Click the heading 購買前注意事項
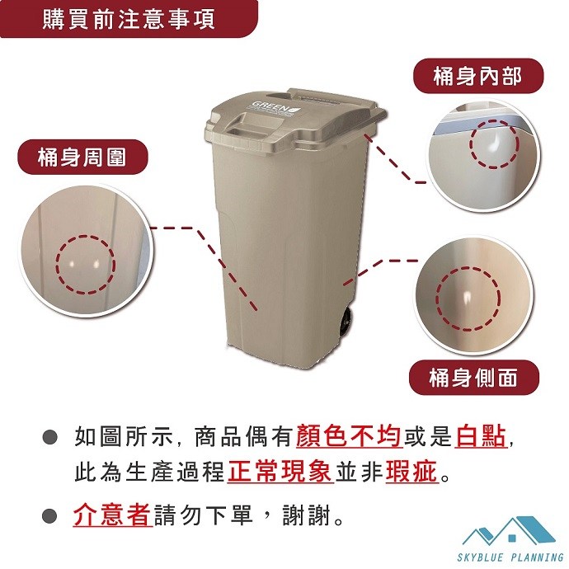point(129,19)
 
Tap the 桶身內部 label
point(478,76)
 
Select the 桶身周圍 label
point(82,158)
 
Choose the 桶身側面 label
point(473,378)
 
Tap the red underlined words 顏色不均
point(349,436)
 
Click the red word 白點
point(481,436)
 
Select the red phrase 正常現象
point(280,472)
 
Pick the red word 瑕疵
point(411,472)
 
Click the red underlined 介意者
point(112,515)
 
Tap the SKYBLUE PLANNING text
point(510,557)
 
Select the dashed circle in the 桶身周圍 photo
point(57,264)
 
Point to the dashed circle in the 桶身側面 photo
point(436,299)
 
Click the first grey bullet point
point(49,436)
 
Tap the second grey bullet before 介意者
point(49,515)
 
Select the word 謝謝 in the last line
point(307,515)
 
